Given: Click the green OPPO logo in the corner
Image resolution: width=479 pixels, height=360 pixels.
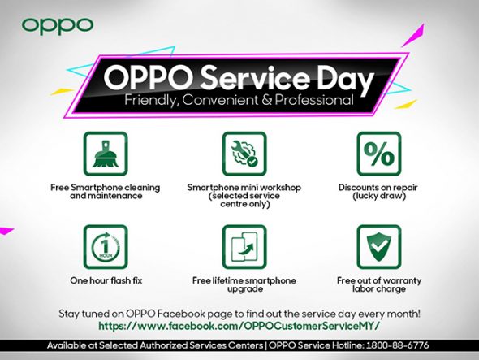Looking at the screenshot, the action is [58, 25].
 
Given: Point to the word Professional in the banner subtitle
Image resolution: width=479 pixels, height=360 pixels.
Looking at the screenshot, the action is [314, 100].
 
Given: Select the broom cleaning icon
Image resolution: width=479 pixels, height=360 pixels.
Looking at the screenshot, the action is [106, 154].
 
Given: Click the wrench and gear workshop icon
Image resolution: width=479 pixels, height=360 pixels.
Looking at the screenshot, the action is [244, 154].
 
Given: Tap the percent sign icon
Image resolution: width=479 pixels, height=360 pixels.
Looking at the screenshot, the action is [379, 154].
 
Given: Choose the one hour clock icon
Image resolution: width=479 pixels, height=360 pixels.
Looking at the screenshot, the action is [106, 247].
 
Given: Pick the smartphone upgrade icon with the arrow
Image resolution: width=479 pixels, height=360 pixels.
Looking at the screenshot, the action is [244, 247].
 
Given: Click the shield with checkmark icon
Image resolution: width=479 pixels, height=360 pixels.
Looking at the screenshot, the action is [379, 247].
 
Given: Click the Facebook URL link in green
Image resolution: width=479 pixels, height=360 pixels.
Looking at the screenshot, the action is [239, 326].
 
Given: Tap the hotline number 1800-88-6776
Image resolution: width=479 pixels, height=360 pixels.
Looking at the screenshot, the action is [398, 345].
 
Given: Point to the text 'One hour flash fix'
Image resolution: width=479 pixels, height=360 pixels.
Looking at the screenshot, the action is [106, 280].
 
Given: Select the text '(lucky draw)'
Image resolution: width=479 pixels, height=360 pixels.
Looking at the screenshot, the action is [379, 196].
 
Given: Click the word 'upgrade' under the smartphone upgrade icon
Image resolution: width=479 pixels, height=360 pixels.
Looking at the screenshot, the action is [245, 289].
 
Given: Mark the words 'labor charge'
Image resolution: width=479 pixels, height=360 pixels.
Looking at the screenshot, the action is [379, 289].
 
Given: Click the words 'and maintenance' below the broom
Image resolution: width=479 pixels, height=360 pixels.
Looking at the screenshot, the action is [106, 196].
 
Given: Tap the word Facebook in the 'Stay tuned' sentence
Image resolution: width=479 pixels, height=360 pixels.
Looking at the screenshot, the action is [182, 314].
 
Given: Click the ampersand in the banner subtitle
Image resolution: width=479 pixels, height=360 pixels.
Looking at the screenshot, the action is [266, 100].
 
